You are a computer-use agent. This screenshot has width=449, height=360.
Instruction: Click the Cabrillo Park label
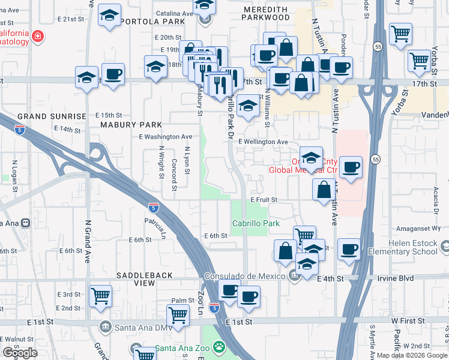256,223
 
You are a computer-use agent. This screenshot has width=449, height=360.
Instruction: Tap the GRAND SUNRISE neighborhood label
52,115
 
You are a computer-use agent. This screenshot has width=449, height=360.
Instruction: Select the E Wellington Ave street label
263,142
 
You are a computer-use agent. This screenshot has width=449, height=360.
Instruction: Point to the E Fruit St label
264,199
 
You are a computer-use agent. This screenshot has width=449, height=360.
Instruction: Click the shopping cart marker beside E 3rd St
100,295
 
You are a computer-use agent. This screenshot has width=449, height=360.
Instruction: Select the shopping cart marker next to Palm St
178,314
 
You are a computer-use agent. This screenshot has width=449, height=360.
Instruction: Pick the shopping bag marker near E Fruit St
324,189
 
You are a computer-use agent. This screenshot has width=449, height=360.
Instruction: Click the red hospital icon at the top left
38,37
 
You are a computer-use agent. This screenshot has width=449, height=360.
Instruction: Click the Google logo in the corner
20,352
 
